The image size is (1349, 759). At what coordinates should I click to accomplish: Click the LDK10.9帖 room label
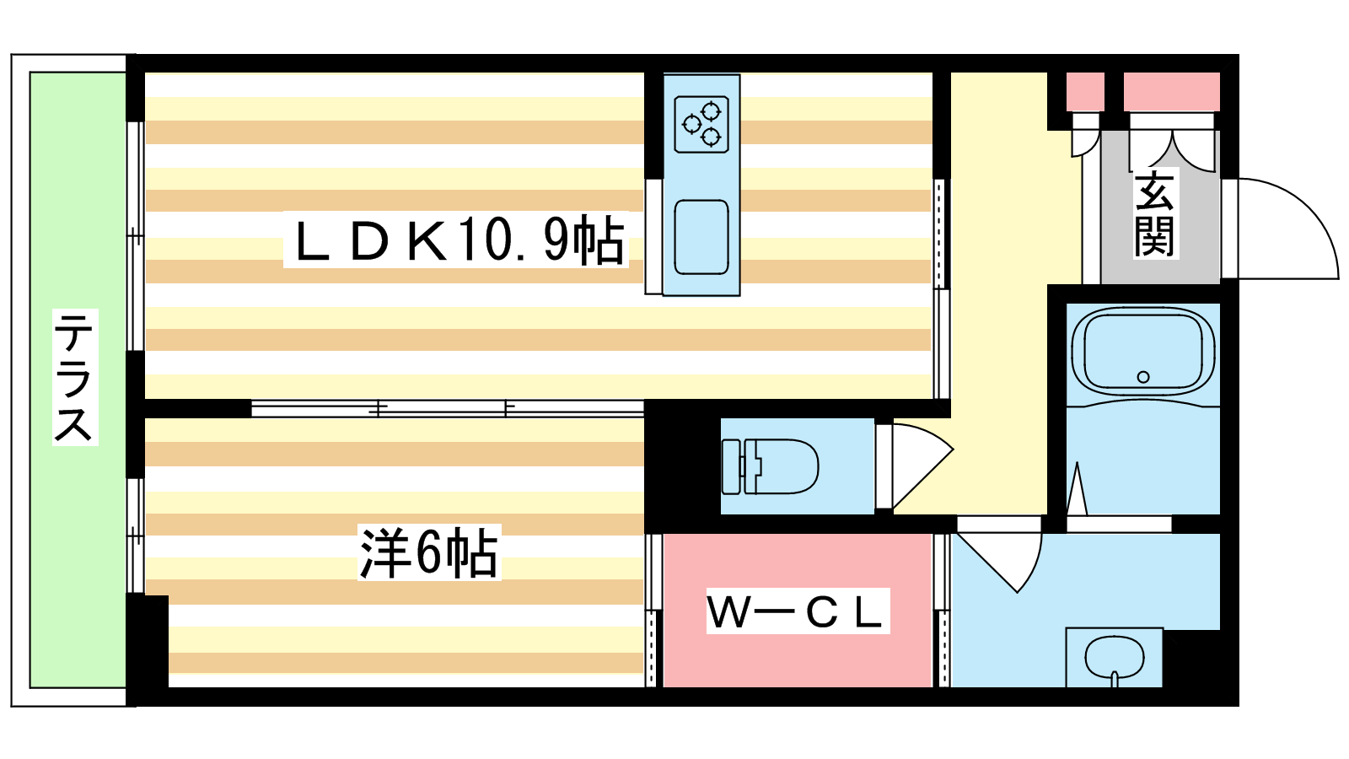456,241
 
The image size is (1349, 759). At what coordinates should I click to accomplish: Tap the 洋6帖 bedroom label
428,553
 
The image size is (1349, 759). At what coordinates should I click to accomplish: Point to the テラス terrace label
74,377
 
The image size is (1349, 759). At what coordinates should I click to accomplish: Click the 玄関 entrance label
1155,214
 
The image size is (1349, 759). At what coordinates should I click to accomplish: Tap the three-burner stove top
701,124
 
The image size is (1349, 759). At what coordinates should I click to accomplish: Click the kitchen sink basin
701,237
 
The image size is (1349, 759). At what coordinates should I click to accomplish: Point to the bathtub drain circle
1143,377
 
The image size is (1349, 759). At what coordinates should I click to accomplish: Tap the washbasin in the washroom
1114,657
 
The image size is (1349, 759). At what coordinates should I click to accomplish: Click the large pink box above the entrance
1171,92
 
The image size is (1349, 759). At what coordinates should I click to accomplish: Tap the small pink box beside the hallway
1085,92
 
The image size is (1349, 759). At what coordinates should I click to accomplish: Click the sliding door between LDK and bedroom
447,409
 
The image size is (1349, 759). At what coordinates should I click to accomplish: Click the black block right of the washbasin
1190,659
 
